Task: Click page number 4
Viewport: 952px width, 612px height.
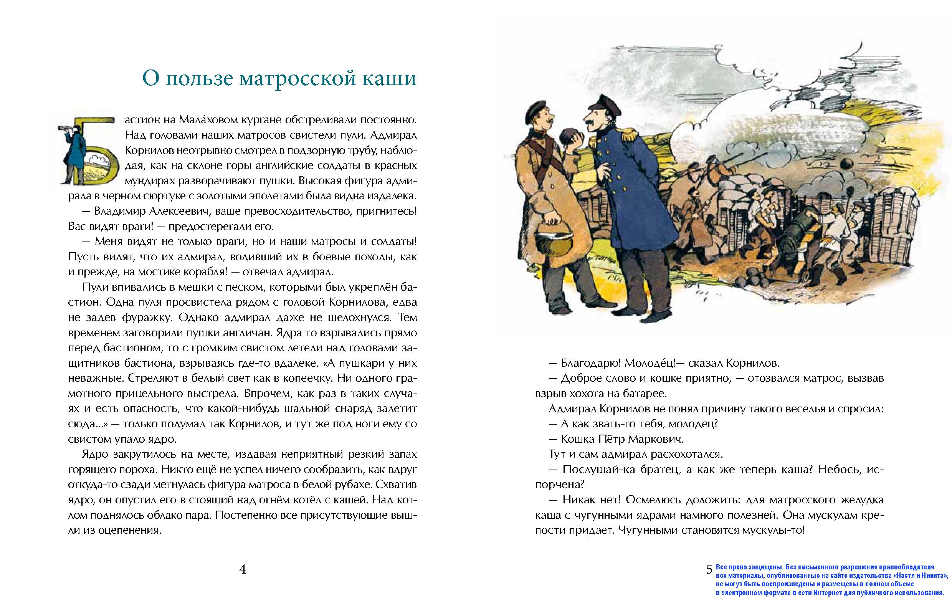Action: point(243,570)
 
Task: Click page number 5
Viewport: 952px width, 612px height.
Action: point(709,569)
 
